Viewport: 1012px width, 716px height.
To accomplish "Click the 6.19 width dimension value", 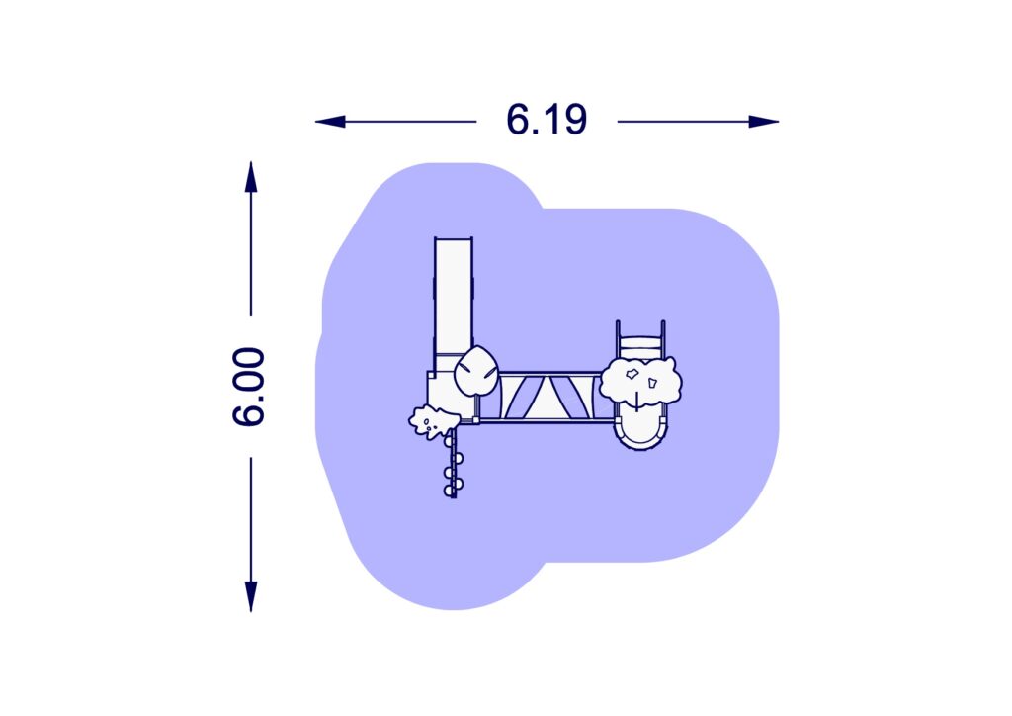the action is [546, 120].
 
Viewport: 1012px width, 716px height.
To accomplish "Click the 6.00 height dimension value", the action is [248, 386].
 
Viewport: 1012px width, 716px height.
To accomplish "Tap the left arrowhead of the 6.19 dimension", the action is [330, 122].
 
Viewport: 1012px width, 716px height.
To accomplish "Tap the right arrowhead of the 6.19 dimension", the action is [764, 122].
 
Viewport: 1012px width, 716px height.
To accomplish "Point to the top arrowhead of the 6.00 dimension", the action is [251, 177].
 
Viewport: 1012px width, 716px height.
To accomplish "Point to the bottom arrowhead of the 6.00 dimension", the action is [251, 596].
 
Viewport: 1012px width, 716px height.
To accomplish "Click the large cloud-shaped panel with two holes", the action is [640, 382].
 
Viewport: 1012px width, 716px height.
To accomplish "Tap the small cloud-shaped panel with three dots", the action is [433, 421].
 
